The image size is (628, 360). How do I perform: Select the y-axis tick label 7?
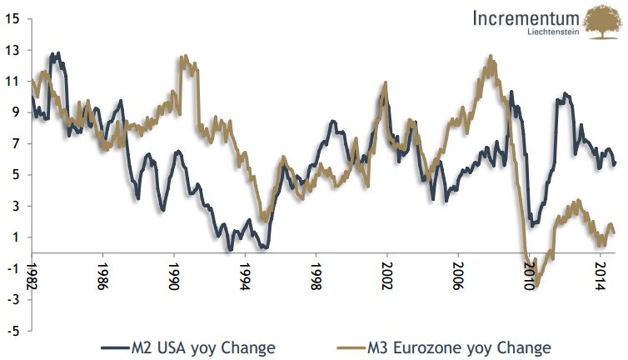(14, 144)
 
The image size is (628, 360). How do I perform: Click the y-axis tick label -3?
(12, 300)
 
